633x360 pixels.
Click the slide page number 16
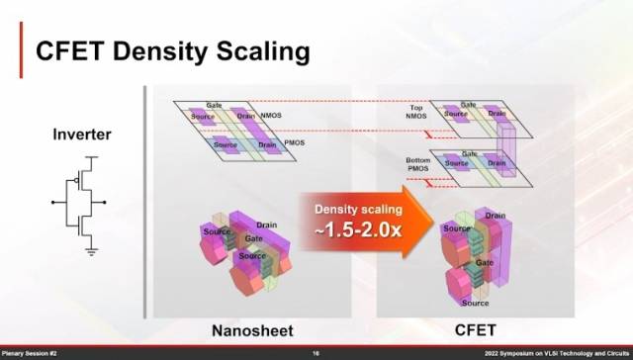(x=316, y=353)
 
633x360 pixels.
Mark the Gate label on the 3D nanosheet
(x=256, y=240)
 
